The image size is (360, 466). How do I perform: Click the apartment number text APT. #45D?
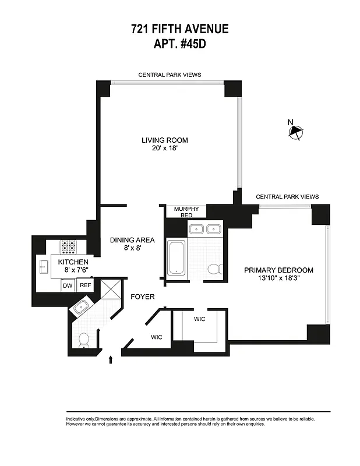pyautogui.click(x=179, y=44)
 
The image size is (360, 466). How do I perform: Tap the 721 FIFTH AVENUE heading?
pyautogui.click(x=179, y=29)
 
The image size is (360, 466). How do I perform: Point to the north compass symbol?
pyautogui.click(x=295, y=132)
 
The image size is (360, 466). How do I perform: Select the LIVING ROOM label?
pyautogui.click(x=165, y=140)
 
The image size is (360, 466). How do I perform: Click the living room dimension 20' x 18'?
pyautogui.click(x=165, y=149)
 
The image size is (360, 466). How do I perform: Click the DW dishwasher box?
pyautogui.click(x=68, y=285)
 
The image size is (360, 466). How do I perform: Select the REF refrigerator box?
pyautogui.click(x=86, y=285)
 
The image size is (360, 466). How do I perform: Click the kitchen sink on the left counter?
pyautogui.click(x=43, y=267)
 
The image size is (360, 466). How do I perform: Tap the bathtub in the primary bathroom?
pyautogui.click(x=177, y=256)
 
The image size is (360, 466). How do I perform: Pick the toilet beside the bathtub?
pyautogui.click(x=214, y=269)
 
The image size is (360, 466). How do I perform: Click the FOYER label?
pyautogui.click(x=142, y=296)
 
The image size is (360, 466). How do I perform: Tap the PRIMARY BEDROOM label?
pyautogui.click(x=278, y=270)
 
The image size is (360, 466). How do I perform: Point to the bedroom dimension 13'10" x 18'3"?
pyautogui.click(x=278, y=278)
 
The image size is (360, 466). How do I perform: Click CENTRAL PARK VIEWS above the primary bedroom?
pyautogui.click(x=287, y=197)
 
